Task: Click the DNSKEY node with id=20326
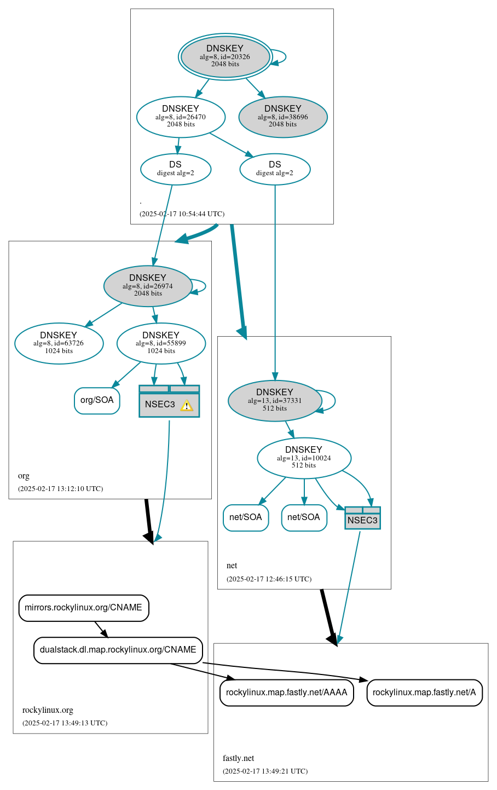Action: [225, 56]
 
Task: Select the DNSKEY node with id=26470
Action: [181, 117]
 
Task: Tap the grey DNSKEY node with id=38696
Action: [283, 117]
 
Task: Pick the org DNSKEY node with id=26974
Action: [148, 286]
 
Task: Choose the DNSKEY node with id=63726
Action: [59, 343]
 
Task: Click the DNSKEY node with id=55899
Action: [161, 343]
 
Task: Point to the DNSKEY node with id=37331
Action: [275, 401]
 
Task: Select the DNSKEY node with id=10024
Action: [304, 458]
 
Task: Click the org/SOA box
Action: [97, 400]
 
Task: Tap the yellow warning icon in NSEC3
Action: [187, 405]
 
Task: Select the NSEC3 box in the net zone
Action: [362, 518]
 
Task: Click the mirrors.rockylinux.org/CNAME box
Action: [84, 608]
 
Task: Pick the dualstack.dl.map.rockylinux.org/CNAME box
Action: [118, 650]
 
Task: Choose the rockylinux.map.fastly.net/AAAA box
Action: [286, 693]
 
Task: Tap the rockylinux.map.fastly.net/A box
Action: [424, 693]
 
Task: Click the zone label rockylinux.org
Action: [48, 710]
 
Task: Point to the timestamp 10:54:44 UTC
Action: [182, 214]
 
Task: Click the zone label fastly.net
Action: [238, 758]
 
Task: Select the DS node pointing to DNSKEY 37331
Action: [275, 169]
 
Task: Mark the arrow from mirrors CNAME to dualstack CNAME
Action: [101, 629]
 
